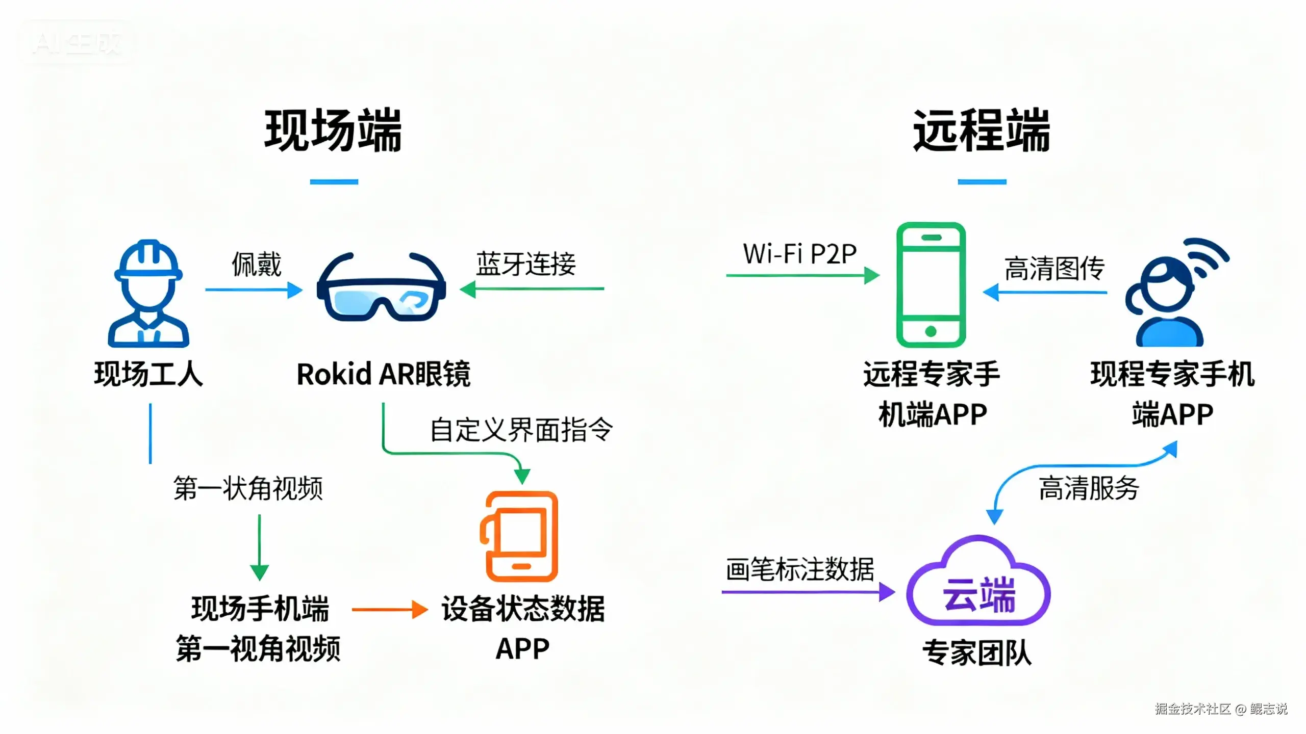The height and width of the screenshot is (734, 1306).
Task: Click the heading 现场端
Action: click(333, 130)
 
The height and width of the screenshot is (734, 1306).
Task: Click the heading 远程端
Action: click(981, 130)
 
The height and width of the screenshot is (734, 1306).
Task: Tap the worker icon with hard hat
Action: click(148, 294)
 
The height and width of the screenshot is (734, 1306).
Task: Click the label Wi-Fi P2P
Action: click(799, 254)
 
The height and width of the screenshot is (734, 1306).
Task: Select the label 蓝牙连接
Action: click(526, 264)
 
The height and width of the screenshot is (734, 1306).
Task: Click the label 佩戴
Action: click(256, 264)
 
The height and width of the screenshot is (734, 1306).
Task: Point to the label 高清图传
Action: click(1054, 269)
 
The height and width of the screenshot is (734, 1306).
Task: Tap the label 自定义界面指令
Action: click(521, 430)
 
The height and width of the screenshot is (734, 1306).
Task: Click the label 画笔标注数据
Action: click(799, 569)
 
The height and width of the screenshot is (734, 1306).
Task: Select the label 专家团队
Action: click(977, 652)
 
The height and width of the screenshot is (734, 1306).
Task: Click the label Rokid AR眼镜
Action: click(384, 374)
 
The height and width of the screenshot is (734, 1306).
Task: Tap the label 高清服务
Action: click(1089, 488)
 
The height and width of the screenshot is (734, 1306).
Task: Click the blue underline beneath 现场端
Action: click(334, 181)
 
